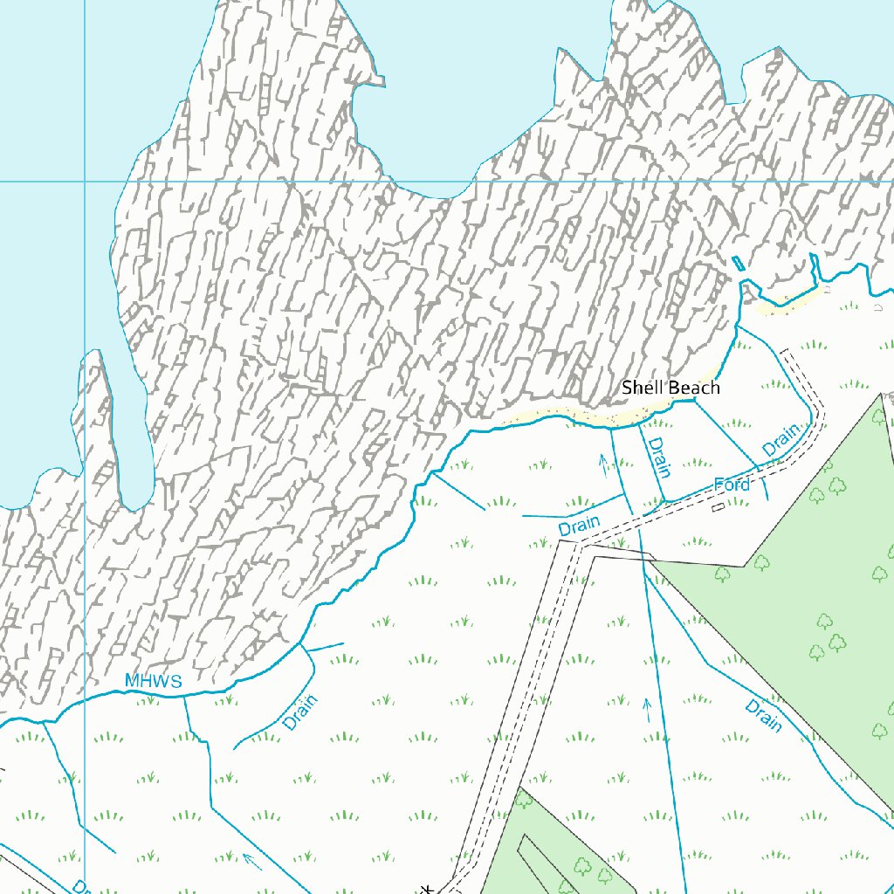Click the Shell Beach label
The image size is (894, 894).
670,388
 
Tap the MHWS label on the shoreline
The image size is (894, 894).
153,681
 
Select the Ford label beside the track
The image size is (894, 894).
732,485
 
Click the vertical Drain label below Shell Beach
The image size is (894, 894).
657,457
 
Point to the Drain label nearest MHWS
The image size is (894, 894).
300,712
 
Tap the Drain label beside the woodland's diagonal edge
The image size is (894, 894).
763,714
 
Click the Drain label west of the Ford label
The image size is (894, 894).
579,526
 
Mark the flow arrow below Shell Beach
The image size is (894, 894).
602,463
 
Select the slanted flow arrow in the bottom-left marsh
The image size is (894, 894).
251,861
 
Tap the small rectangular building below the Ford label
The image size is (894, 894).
717,506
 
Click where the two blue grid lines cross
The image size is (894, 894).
85,182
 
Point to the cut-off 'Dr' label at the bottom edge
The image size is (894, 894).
80,886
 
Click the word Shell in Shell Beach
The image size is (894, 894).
641,388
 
